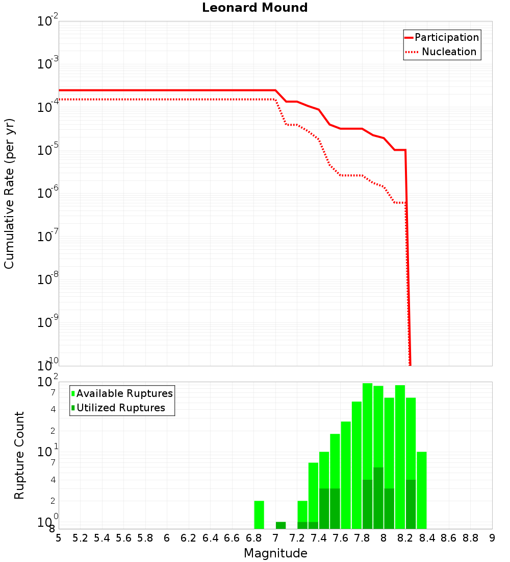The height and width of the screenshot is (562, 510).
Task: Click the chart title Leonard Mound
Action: [x=254, y=8]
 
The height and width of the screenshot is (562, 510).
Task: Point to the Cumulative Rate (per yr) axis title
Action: [x=9, y=194]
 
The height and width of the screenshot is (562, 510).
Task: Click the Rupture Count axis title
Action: [x=19, y=455]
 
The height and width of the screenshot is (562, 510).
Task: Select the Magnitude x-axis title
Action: [x=275, y=553]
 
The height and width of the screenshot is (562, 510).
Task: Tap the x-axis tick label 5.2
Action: [x=81, y=538]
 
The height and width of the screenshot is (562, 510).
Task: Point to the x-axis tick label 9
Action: [x=492, y=538]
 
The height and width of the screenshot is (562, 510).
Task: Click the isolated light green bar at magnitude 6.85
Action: [x=259, y=514]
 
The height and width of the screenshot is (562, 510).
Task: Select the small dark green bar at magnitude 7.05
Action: [x=280, y=525]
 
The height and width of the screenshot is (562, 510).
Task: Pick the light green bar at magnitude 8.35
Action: [x=421, y=490]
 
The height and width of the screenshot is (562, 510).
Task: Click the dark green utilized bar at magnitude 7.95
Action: [x=378, y=498]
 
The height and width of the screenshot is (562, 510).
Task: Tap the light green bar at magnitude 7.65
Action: [x=346, y=475]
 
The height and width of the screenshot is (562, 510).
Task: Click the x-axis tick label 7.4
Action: [x=319, y=538]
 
